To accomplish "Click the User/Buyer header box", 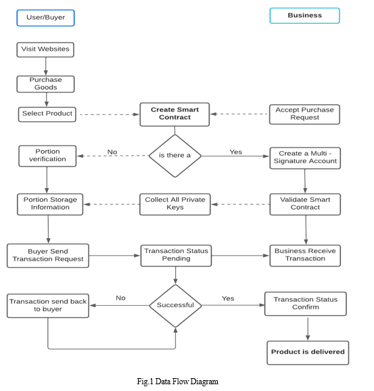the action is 45,18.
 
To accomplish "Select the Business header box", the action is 305,16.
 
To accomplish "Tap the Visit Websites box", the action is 45,49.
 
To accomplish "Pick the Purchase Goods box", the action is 45,84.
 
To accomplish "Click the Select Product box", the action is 47,114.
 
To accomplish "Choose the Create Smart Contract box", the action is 174,114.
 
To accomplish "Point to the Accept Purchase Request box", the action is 304,114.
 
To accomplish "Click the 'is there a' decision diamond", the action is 175,156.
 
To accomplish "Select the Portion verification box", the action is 47,156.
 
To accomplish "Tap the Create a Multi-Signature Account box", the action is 305,158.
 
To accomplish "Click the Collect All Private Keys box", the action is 175,204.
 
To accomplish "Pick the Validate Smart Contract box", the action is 305,204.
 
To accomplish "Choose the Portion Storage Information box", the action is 50,204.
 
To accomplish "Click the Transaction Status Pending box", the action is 176,256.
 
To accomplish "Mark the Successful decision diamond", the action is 176,306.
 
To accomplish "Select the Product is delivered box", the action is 308,353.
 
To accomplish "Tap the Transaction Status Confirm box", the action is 306,304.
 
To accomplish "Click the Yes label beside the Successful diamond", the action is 228,298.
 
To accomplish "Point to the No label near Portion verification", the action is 112,152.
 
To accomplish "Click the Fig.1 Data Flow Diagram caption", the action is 177,382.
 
